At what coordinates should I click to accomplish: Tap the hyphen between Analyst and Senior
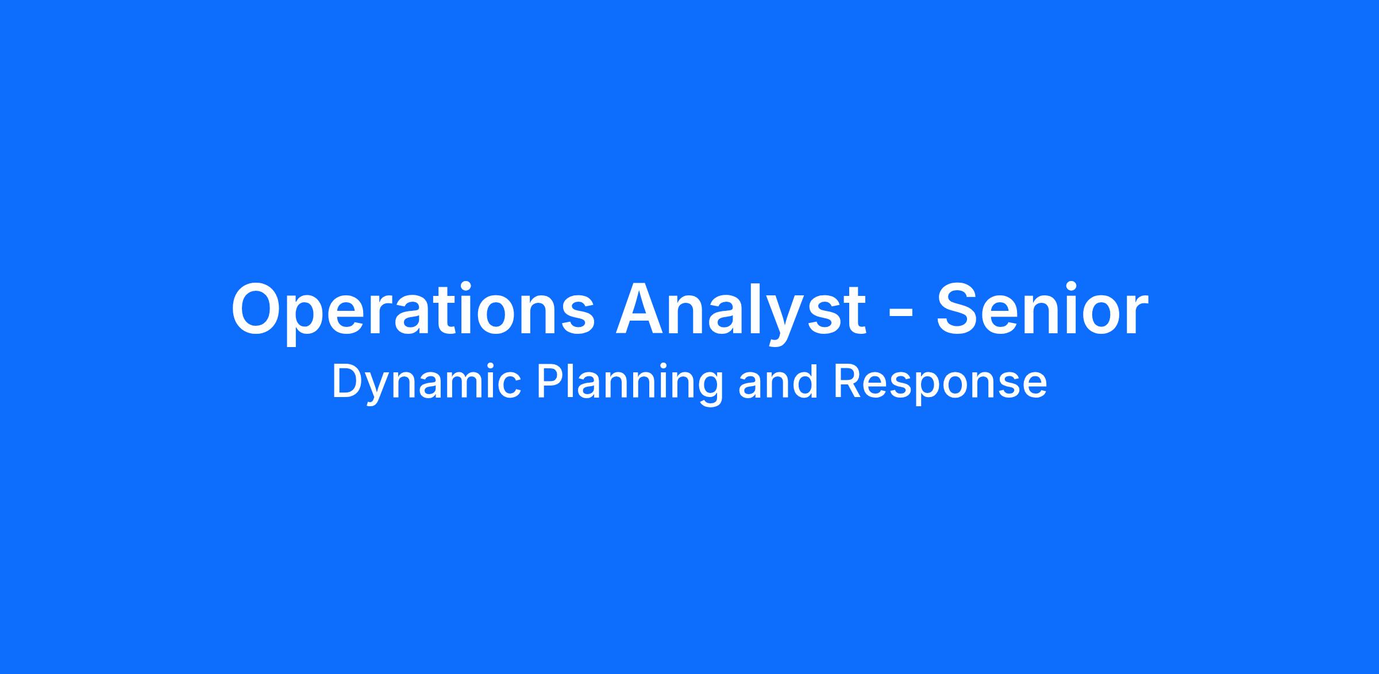point(901,314)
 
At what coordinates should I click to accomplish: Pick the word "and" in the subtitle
point(777,381)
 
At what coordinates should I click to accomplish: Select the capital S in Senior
point(959,309)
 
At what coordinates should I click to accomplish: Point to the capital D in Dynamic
point(346,381)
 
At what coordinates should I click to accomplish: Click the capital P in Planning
point(549,381)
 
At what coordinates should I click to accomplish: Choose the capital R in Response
point(846,381)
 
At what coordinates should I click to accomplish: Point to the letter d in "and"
point(805,381)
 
